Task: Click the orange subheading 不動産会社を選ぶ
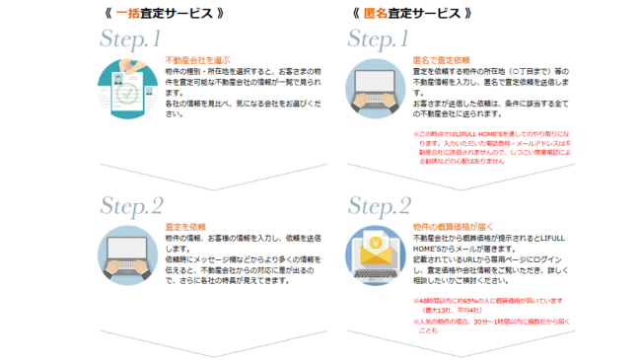[197, 60]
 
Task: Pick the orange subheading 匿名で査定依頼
[440, 60]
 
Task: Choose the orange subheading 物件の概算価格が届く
[451, 227]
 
